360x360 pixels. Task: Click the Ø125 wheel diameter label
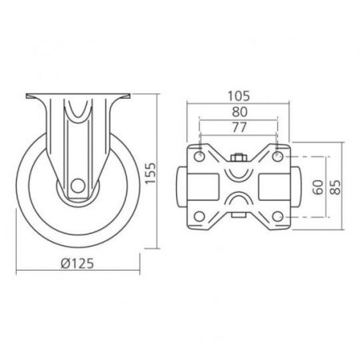pyautogui.click(x=77, y=264)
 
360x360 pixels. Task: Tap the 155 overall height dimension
pyautogui.click(x=151, y=174)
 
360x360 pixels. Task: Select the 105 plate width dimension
pyautogui.click(x=239, y=96)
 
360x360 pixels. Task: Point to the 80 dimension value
pyautogui.click(x=240, y=112)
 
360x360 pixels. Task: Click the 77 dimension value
pyautogui.click(x=240, y=127)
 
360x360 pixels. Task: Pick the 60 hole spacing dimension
pyautogui.click(x=318, y=187)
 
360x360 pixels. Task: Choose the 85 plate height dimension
pyautogui.click(x=335, y=187)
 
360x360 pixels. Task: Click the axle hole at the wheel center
pyautogui.click(x=78, y=186)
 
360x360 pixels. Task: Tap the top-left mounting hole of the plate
pyautogui.click(x=199, y=156)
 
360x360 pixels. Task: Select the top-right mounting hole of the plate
pyautogui.click(x=277, y=156)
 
